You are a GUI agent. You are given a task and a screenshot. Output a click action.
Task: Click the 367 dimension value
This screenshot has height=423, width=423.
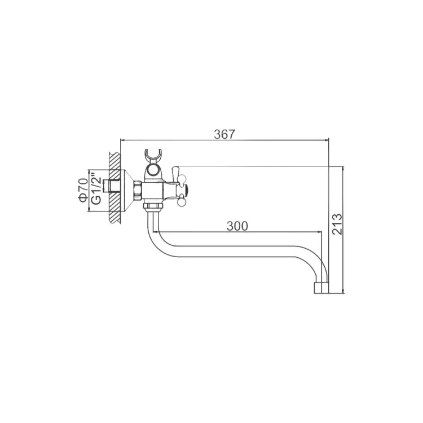224,134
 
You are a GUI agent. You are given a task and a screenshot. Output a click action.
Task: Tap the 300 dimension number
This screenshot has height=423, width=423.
237,226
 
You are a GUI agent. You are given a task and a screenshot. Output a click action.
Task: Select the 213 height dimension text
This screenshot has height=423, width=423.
337,224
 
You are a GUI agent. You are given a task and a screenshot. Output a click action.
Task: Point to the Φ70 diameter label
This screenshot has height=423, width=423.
83,190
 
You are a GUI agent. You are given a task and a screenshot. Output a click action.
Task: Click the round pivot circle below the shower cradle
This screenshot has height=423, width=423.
153,170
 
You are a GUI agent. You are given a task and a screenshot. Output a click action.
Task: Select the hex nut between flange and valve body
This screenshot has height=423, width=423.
138,191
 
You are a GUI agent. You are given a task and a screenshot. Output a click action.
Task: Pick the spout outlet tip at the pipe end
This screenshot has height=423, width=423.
321,288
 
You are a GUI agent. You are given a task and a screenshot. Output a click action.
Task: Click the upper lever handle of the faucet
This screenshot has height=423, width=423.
175,174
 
